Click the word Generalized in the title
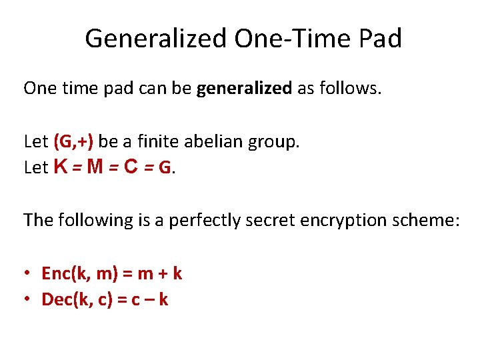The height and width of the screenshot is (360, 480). pyautogui.click(x=156, y=39)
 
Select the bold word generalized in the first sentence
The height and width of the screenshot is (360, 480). pyautogui.click(x=245, y=89)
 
